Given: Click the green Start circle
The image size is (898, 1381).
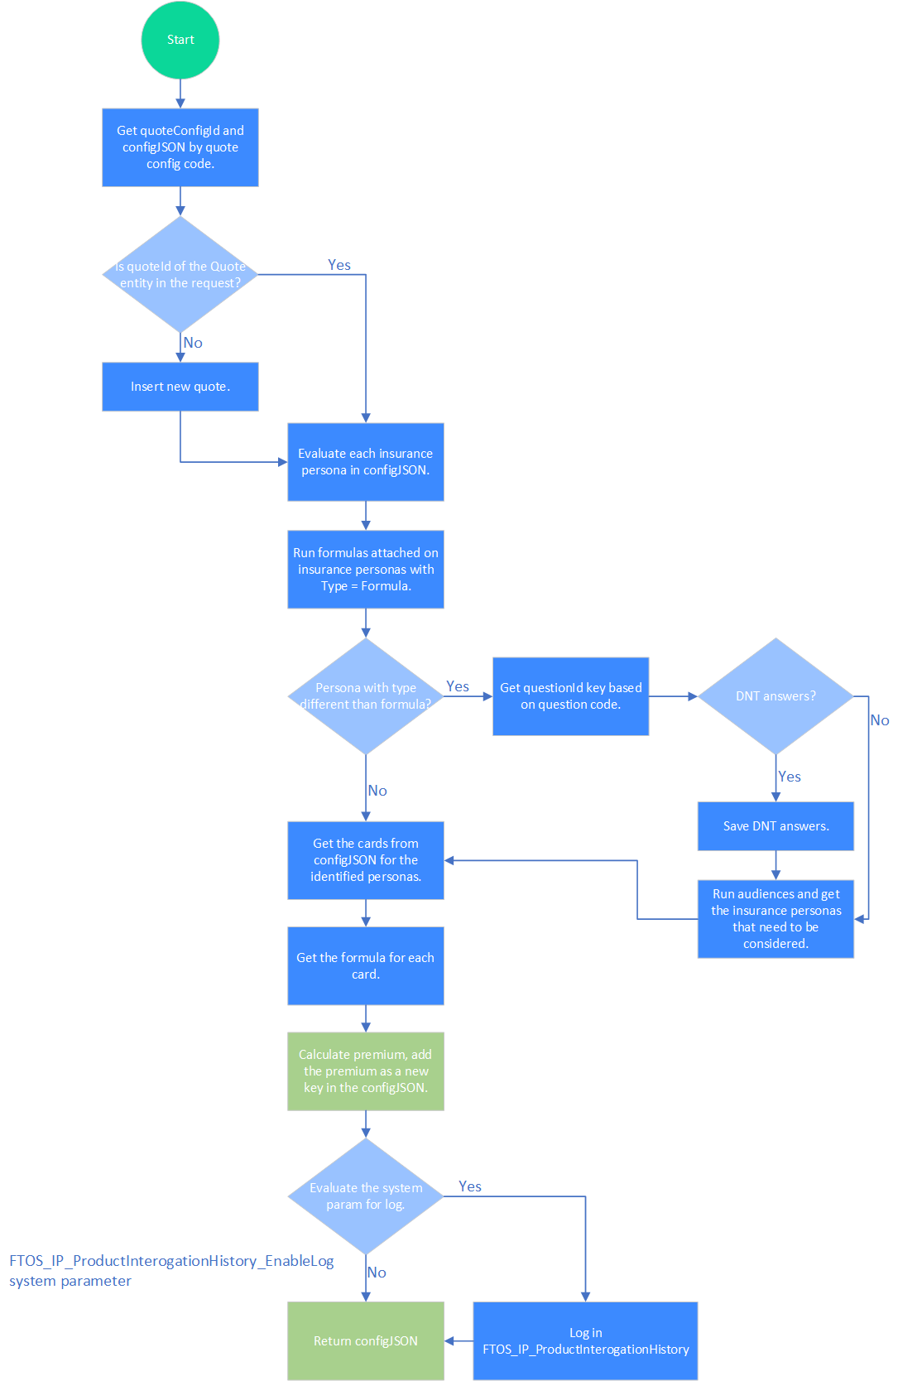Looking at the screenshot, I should [x=180, y=40].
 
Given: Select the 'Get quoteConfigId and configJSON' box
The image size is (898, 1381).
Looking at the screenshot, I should [x=180, y=147].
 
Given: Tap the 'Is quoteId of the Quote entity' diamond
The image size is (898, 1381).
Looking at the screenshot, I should [x=180, y=275].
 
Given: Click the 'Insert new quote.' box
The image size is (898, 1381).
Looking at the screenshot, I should [x=180, y=387].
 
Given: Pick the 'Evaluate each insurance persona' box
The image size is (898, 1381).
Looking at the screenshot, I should [x=365, y=462].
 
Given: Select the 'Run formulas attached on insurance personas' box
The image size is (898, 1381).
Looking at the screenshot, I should [x=365, y=570].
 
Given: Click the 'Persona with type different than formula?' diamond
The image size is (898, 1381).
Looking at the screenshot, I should [x=365, y=696].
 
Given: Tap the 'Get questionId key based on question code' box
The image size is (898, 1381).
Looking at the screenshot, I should [x=570, y=696].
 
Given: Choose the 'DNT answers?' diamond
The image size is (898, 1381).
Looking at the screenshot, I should [x=776, y=696].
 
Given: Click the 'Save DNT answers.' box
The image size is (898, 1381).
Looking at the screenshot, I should [x=776, y=826].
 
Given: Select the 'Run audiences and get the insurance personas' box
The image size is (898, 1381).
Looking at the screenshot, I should [x=776, y=919].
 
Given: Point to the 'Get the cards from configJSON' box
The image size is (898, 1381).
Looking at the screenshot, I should [x=365, y=860].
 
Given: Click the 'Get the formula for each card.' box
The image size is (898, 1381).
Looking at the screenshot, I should [x=365, y=966].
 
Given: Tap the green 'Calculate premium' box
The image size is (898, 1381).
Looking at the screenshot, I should [x=365, y=1071].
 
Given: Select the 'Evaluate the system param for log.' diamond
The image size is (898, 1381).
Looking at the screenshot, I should [x=365, y=1196].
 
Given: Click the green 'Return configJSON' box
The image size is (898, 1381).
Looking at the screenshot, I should [x=365, y=1341].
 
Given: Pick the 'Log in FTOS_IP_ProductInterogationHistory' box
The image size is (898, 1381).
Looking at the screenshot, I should [x=585, y=1341].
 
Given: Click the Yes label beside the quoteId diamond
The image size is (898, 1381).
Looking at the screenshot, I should [x=339, y=265].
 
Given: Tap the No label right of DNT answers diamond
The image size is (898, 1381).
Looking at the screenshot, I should [x=879, y=720].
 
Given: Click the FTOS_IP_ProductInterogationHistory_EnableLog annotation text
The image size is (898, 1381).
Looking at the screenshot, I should [x=171, y=1261].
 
